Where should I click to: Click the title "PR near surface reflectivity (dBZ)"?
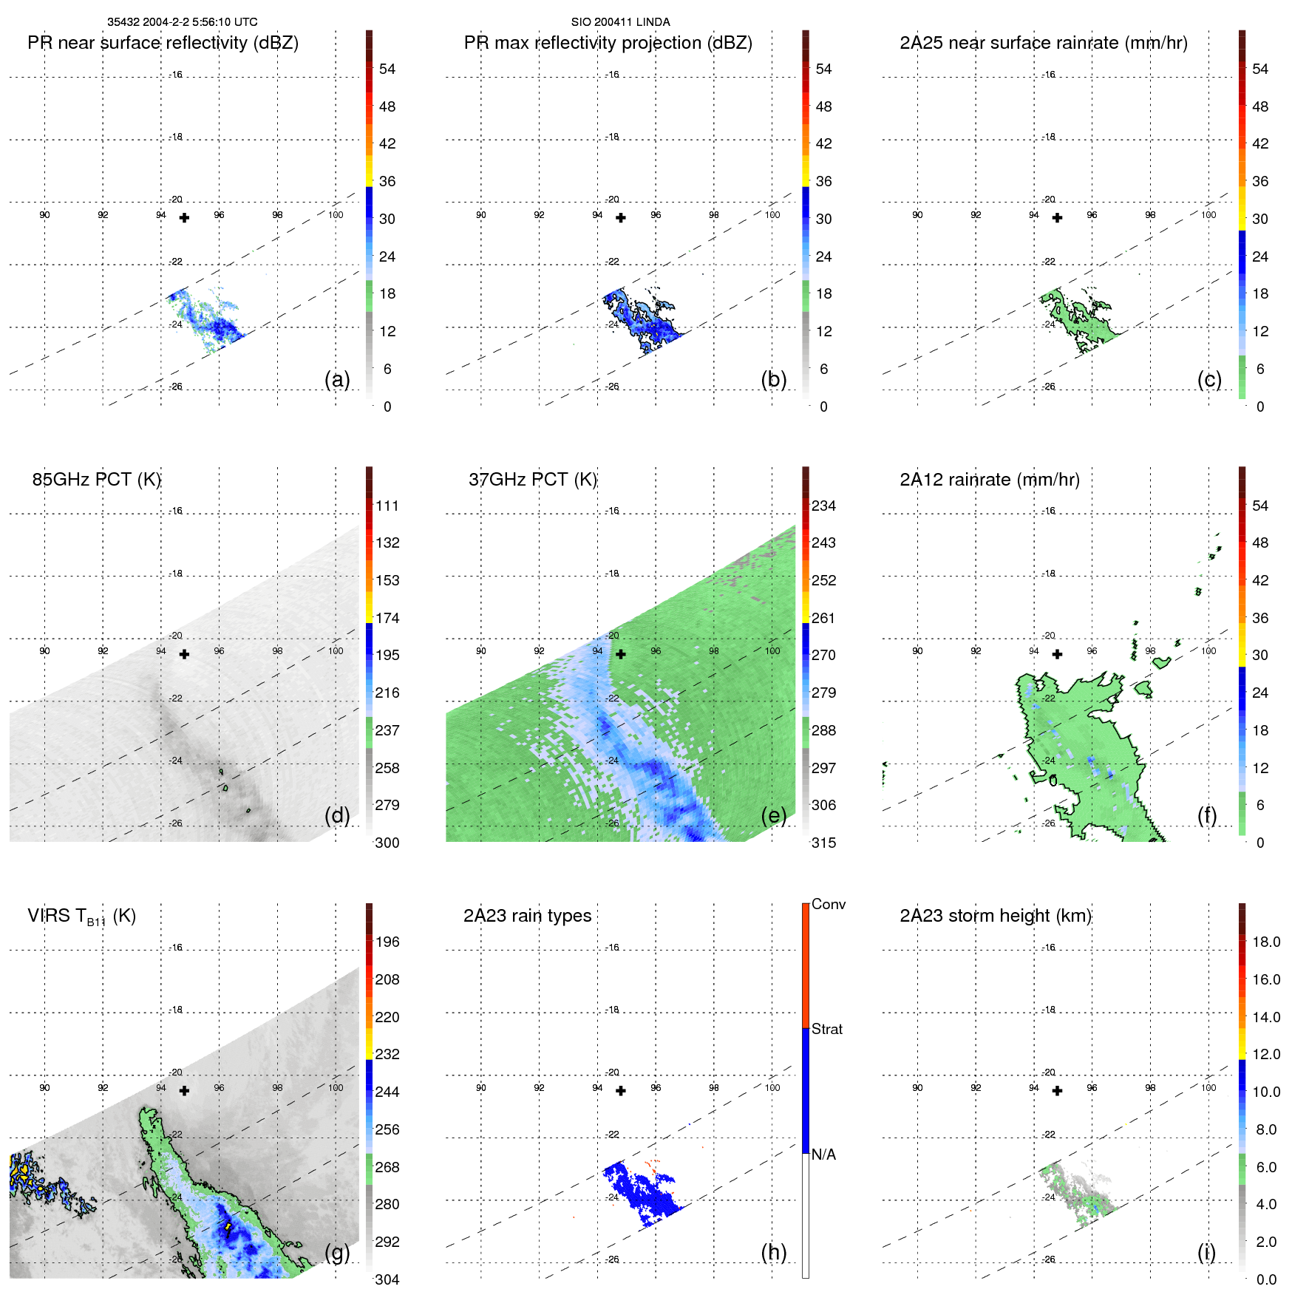(163, 43)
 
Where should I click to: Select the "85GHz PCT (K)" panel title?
(96, 480)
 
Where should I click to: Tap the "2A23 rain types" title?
(527, 916)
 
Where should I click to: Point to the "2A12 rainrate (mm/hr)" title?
(990, 480)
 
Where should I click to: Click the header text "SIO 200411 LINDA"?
(620, 22)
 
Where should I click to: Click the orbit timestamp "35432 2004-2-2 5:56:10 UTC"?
(183, 22)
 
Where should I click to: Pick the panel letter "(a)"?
(337, 379)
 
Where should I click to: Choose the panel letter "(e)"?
(773, 815)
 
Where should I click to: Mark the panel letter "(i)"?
(1206, 1252)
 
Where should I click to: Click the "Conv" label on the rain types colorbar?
(829, 904)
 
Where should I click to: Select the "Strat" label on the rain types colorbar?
(827, 1029)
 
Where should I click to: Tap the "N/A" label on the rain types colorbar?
(823, 1155)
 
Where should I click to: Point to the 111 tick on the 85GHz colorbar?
(387, 506)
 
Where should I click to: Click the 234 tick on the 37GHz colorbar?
(823, 506)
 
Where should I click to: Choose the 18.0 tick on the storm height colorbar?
(1266, 942)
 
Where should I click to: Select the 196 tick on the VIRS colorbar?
(387, 942)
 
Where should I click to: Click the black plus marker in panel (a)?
(184, 218)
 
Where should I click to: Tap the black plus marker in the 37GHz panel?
(621, 654)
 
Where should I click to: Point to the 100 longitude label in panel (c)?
(1208, 215)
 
